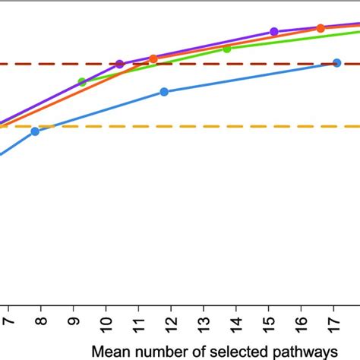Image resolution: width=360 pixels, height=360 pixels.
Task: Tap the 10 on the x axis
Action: tap(106, 324)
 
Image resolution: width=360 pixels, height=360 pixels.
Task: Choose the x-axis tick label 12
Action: tap(172, 324)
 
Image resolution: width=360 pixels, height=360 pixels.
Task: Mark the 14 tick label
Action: tap(237, 324)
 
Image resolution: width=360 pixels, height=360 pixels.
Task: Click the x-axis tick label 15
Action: tap(270, 324)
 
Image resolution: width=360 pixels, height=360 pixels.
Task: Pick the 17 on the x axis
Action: tap(335, 324)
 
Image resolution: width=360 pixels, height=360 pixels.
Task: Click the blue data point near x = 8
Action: tap(36, 131)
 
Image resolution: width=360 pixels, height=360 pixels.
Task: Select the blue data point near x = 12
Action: tap(164, 92)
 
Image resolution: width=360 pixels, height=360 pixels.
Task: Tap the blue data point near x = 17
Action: tap(336, 63)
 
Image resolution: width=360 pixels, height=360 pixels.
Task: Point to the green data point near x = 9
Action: tap(82, 82)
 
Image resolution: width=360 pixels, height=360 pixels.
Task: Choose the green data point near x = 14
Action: tap(227, 49)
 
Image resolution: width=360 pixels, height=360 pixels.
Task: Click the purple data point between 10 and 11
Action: tap(119, 64)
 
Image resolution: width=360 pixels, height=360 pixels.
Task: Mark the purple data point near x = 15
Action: tap(273, 32)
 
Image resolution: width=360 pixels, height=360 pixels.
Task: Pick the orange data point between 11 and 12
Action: tap(153, 58)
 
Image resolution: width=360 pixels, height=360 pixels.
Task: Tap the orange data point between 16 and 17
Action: tap(321, 28)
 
